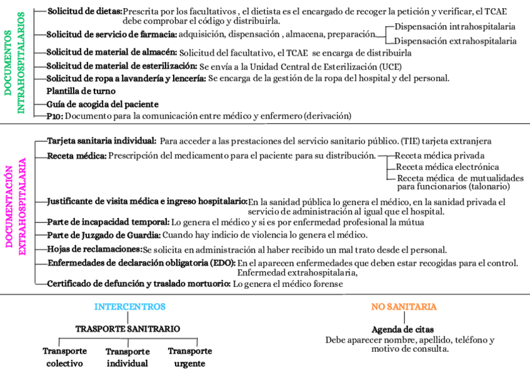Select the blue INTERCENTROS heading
pyautogui.click(x=130, y=307)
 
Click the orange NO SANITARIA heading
pyautogui.click(x=404, y=307)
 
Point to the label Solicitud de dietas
pyautogui.click(x=84, y=11)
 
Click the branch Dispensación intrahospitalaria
pyautogui.click(x=456, y=27)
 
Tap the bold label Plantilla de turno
pyautogui.click(x=81, y=91)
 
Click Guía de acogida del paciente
pyautogui.click(x=102, y=104)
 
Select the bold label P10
pyautogui.click(x=54, y=116)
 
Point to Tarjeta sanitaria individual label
pyautogui.click(x=102, y=142)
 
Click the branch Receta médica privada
pyautogui.click(x=440, y=156)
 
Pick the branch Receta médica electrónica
pyautogui.click(x=447, y=167)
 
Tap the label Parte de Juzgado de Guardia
pyautogui.click(x=104, y=235)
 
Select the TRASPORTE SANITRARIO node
pyautogui.click(x=127, y=329)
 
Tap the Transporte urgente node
pyautogui.click(x=190, y=357)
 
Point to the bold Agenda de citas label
pyautogui.click(x=402, y=329)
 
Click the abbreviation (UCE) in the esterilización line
pyautogui.click(x=390, y=66)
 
